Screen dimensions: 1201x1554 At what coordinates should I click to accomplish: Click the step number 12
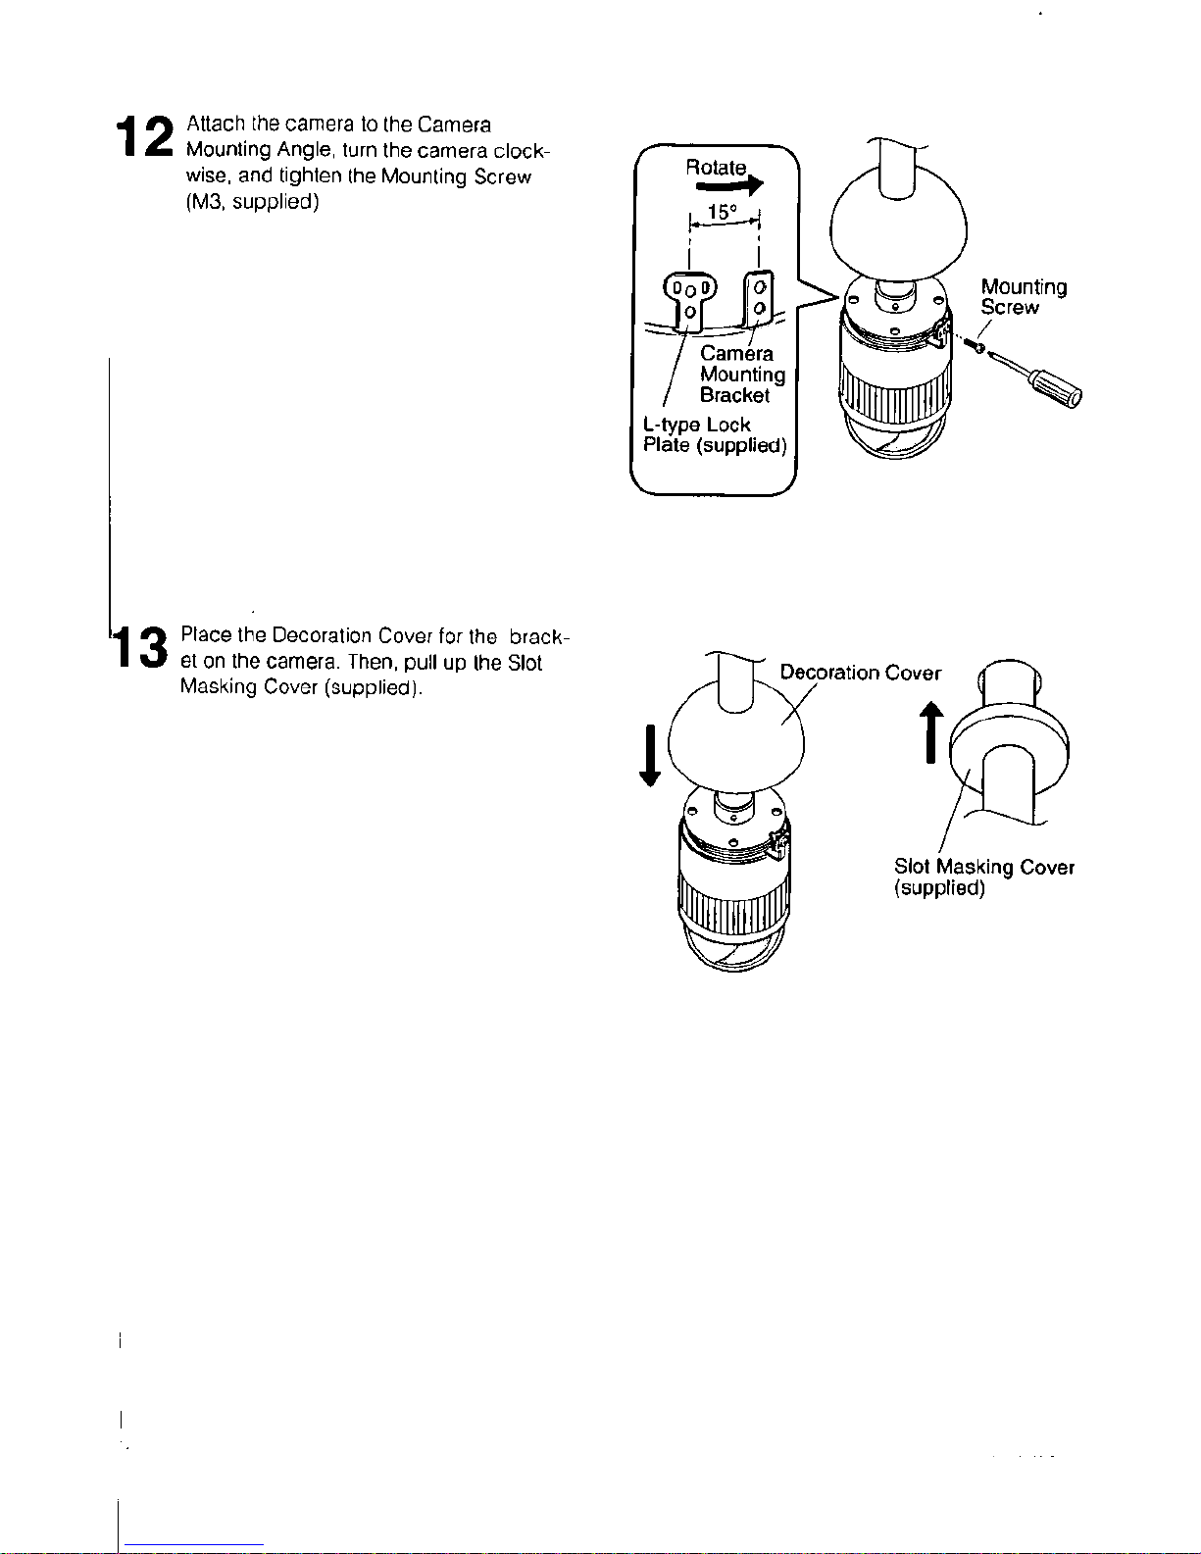pos(145,136)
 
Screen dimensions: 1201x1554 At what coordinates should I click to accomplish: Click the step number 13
pos(141,646)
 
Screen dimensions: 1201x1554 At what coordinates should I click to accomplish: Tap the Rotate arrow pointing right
pos(729,185)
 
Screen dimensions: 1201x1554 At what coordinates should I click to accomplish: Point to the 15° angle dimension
pos(724,219)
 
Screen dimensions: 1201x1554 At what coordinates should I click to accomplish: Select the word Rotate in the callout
pos(716,168)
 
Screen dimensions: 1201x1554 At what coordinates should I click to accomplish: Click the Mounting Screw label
pos(1023,297)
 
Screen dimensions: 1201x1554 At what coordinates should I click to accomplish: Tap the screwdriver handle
pos(1056,389)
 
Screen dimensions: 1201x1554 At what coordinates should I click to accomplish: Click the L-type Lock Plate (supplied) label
pos(714,434)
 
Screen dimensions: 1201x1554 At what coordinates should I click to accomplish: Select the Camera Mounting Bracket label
pos(742,374)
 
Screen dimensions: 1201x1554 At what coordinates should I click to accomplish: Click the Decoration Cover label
pos(860,673)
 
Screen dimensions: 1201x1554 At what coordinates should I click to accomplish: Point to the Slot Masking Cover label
pos(983,877)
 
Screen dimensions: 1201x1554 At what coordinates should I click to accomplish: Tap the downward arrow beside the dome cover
pos(649,755)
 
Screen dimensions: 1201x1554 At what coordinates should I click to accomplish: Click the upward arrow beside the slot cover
pos(930,731)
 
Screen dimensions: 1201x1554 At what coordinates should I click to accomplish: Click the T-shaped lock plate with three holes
pos(690,300)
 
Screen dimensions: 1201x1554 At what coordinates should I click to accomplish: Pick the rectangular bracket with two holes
pos(759,297)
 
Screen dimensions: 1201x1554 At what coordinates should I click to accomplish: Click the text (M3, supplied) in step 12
pos(252,202)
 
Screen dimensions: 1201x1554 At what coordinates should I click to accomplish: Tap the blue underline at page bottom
pos(194,1545)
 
